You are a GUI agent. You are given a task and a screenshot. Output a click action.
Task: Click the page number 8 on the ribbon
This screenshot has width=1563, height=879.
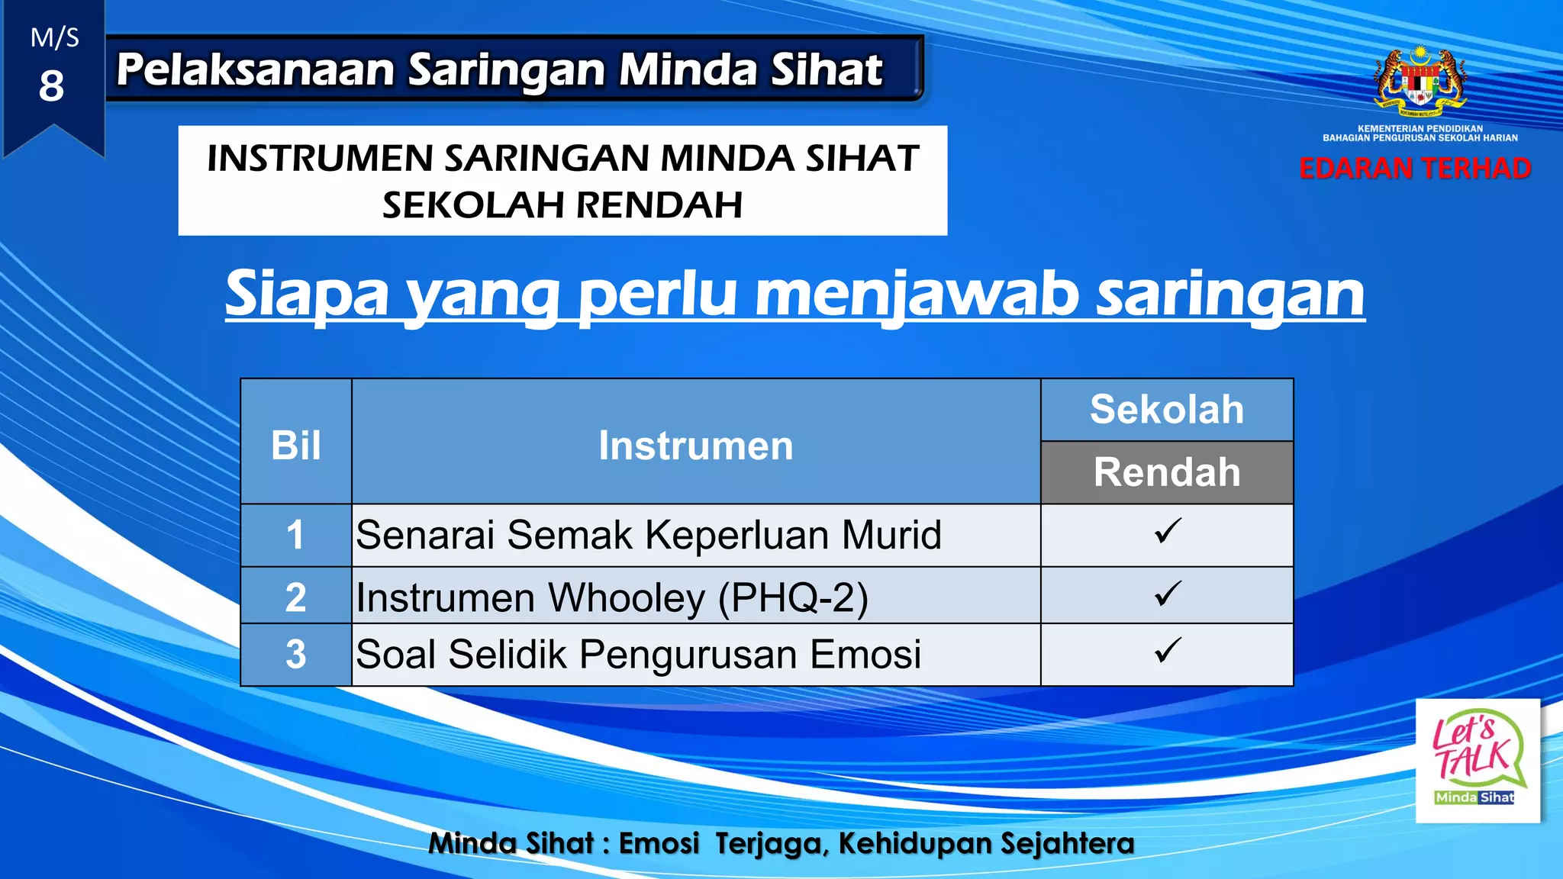coord(51,85)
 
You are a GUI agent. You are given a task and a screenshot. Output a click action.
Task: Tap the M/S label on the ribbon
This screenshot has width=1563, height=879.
coord(54,38)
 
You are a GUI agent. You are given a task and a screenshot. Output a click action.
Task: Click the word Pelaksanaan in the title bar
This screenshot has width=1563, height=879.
coord(256,69)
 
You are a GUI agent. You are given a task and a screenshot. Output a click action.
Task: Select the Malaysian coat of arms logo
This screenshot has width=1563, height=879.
coord(1420,81)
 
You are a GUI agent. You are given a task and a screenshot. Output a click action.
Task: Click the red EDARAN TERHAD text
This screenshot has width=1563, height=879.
coord(1415,169)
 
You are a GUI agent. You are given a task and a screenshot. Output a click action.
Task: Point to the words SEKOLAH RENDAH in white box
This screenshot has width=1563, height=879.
coord(562,204)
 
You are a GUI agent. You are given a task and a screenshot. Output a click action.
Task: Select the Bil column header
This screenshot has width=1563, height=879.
coord(296,445)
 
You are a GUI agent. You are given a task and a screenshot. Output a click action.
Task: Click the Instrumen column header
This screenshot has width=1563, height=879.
coord(695,445)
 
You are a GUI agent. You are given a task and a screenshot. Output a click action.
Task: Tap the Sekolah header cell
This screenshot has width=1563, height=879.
coord(1167,410)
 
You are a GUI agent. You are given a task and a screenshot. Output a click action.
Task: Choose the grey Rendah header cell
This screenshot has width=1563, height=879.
coord(1167,472)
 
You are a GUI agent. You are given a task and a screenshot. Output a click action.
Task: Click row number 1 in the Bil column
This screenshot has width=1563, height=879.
coord(295,535)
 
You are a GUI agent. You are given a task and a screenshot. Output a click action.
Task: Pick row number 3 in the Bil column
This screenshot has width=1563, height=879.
coord(295,655)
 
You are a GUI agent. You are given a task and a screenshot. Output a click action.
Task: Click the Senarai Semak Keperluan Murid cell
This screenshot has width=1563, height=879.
coord(649,535)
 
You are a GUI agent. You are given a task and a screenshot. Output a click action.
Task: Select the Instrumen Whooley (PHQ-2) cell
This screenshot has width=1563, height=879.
coord(612,597)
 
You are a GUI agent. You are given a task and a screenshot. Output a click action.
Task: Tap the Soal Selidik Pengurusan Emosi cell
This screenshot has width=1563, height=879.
coord(639,655)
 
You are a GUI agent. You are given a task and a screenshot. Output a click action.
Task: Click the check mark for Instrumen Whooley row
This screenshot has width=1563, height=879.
coord(1167,594)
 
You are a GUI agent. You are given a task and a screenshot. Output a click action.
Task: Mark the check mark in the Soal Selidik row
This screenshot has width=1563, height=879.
coord(1167,651)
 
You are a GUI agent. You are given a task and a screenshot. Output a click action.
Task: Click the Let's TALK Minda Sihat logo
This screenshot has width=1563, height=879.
coord(1477,761)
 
